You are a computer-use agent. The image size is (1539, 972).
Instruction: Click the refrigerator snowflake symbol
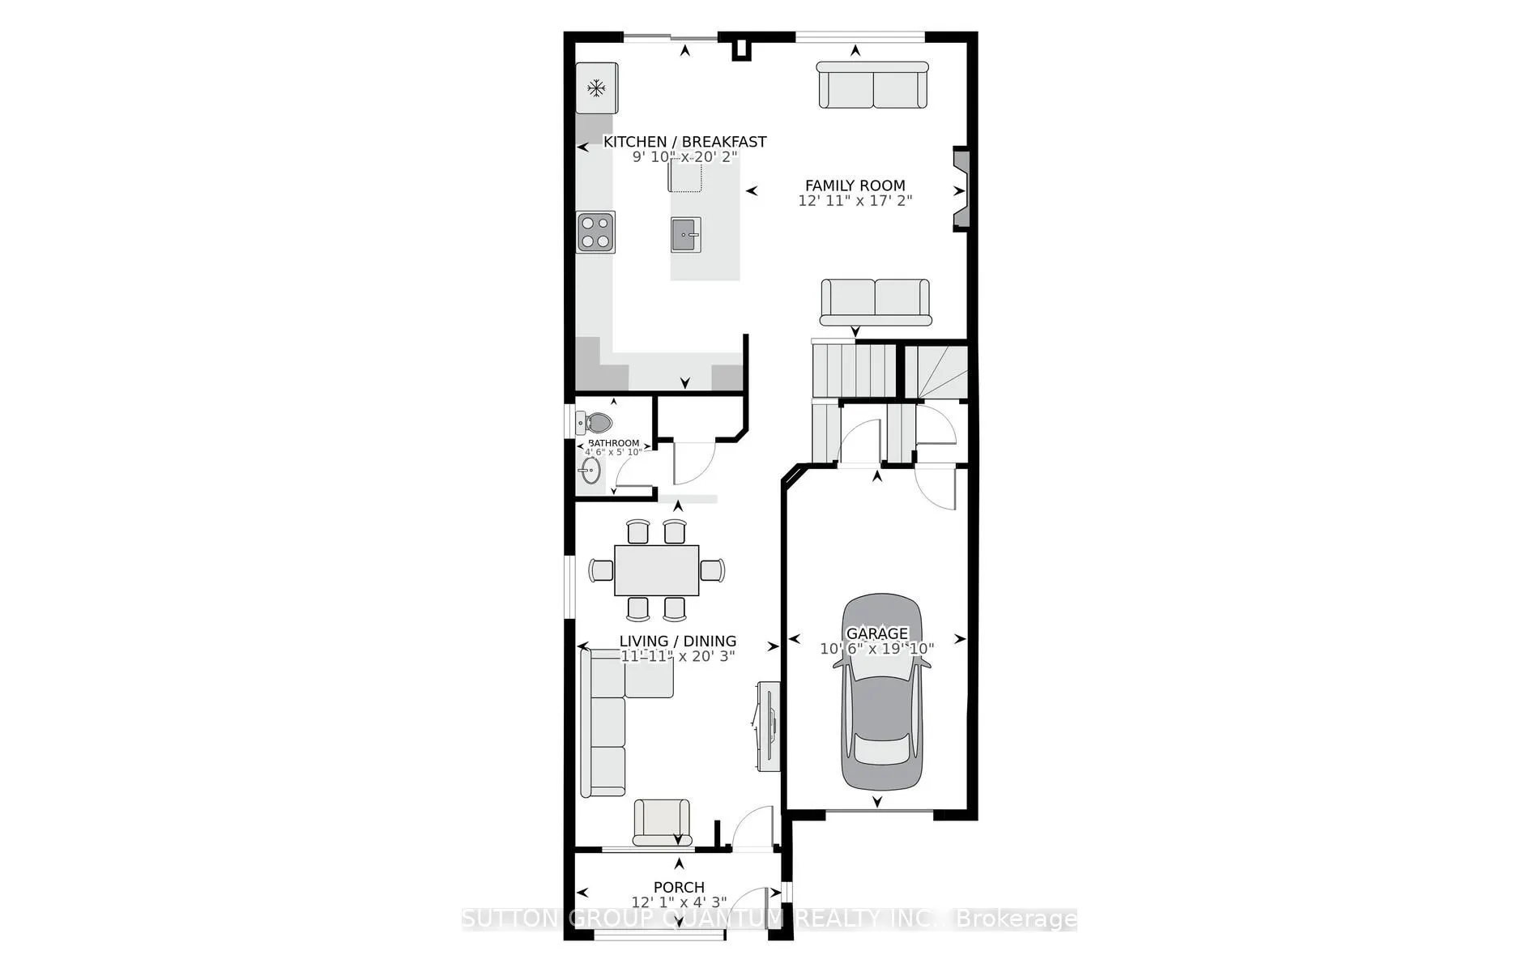(x=597, y=87)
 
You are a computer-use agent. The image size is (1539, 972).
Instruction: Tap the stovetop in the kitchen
(x=595, y=231)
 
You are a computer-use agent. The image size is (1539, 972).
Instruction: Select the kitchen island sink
(x=686, y=236)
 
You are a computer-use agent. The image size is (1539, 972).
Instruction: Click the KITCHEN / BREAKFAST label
(x=684, y=142)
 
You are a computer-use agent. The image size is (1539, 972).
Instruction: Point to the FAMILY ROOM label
(x=855, y=185)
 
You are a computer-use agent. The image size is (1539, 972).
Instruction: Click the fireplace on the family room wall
(x=961, y=191)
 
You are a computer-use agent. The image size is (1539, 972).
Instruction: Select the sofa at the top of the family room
(x=872, y=86)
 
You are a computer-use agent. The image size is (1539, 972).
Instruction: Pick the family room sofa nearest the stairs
(x=876, y=301)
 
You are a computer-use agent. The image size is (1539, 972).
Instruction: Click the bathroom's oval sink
(x=589, y=471)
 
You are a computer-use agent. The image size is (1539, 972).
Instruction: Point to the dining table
(x=656, y=570)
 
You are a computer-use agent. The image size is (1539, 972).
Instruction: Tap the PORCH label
(x=679, y=887)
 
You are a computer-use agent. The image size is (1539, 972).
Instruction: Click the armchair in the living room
(x=662, y=822)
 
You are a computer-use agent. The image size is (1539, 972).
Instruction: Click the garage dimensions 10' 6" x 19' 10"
(x=876, y=649)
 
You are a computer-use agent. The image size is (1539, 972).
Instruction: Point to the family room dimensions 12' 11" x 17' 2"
(x=855, y=201)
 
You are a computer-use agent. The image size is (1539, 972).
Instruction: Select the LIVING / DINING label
(x=677, y=641)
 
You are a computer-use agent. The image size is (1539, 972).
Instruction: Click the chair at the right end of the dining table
(x=712, y=570)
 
